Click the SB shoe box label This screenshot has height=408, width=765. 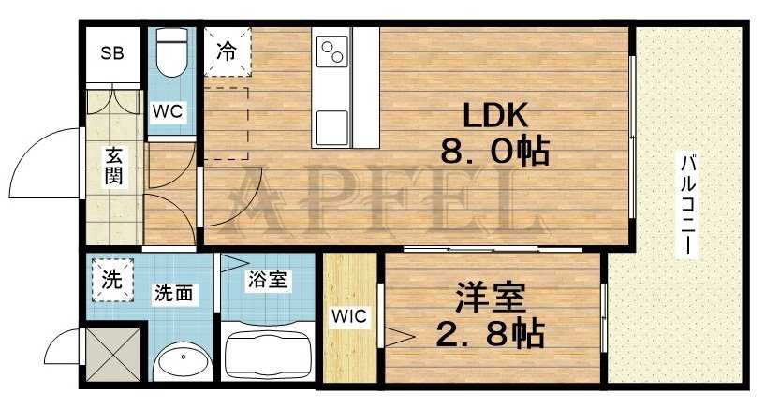point(112,52)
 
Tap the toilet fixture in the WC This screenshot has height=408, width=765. point(170,54)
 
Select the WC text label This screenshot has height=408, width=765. point(169,110)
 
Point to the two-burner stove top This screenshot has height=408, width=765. point(333,51)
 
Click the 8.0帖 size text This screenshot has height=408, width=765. point(494,153)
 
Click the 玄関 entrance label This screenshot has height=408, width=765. point(112,166)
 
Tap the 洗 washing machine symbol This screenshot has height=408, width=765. point(110,279)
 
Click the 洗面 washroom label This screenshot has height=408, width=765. point(174,293)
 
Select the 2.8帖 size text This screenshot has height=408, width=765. point(491,334)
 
